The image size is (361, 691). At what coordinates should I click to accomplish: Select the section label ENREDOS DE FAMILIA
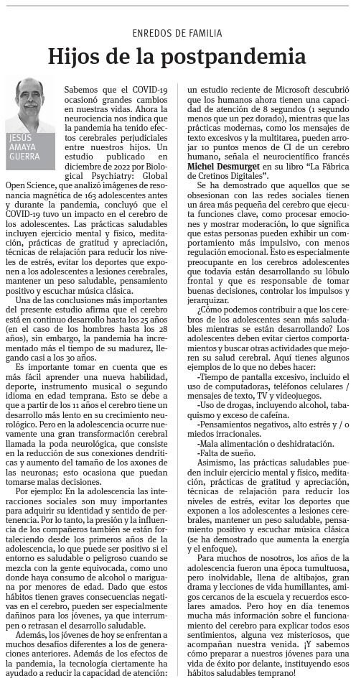click(177, 33)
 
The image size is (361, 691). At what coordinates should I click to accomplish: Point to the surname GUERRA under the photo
click(25, 156)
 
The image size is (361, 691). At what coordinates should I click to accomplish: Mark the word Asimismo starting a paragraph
click(214, 465)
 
